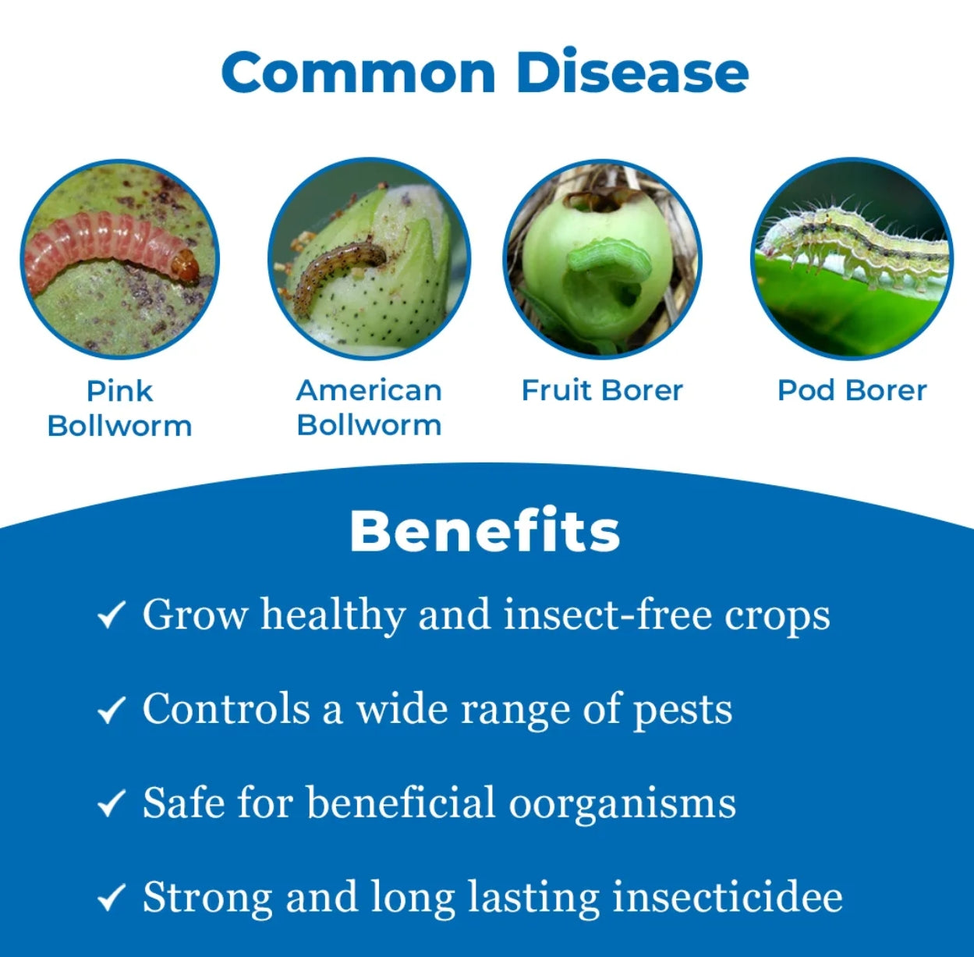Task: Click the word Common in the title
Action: [359, 73]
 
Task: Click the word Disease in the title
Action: [632, 71]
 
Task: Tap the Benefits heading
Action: [485, 531]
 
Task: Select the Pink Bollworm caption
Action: [120, 409]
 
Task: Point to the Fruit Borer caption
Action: [602, 391]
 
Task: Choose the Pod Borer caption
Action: [852, 391]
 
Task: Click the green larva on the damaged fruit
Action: [608, 258]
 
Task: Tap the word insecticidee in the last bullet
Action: [728, 897]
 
